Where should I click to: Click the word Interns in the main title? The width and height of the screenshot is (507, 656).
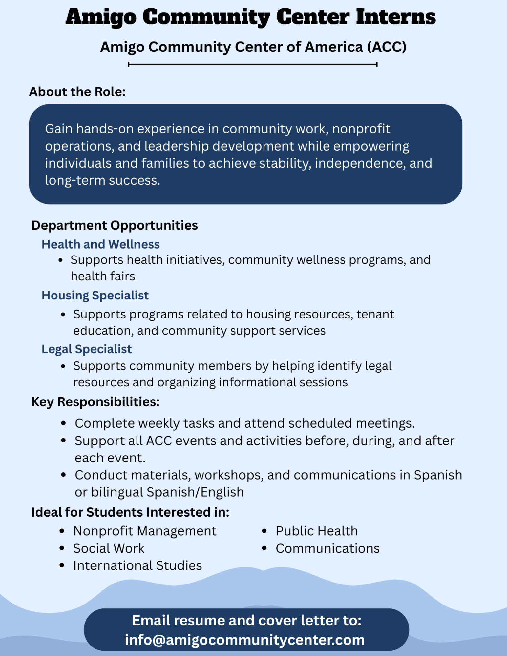click(396, 17)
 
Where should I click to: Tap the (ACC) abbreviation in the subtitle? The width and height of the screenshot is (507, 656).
click(387, 47)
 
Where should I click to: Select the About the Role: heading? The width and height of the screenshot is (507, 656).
click(77, 92)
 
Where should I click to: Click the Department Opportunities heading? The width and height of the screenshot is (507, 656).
click(115, 225)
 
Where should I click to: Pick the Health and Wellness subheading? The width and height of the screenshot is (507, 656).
click(100, 244)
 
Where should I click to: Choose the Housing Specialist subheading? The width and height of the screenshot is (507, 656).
click(95, 295)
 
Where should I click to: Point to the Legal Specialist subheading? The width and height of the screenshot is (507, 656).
click(87, 349)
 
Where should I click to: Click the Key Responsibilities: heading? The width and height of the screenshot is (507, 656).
click(95, 402)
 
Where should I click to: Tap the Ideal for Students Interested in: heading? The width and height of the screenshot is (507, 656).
click(130, 512)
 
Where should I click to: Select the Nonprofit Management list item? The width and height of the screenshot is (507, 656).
click(145, 531)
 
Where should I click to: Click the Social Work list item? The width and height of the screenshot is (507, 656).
click(109, 548)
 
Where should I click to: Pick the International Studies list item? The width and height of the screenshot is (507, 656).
click(137, 565)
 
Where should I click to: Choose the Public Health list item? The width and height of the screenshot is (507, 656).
click(317, 531)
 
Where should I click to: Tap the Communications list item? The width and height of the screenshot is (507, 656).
click(327, 548)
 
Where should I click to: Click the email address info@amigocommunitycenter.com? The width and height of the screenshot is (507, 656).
click(245, 640)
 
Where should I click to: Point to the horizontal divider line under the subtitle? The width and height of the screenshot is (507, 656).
click(253, 64)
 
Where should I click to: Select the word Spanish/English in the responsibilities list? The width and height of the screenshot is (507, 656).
click(195, 492)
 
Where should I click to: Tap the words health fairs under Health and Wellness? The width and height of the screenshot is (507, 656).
click(103, 276)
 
